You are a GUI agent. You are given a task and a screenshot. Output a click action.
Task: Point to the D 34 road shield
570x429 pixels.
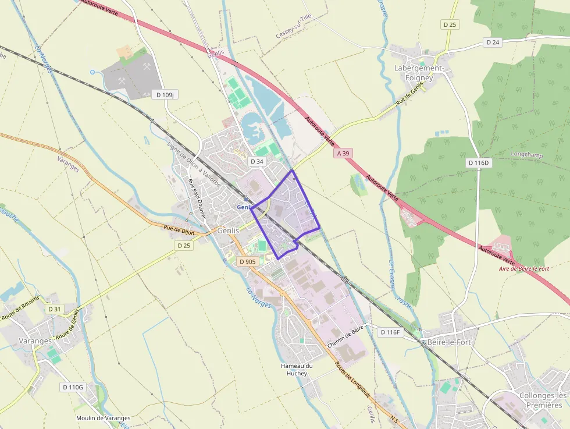click(256, 161)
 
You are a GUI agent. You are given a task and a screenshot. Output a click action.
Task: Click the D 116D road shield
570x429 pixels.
click(479, 163)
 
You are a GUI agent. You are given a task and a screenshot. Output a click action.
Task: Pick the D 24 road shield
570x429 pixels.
click(493, 42)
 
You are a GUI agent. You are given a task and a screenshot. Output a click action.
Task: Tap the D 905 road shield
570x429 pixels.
click(247, 261)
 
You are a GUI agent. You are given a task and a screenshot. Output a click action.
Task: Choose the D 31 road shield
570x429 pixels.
click(54, 309)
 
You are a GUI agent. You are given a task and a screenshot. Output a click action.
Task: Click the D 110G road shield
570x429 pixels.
click(73, 387)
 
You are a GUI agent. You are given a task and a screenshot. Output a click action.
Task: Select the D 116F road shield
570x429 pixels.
click(390, 332)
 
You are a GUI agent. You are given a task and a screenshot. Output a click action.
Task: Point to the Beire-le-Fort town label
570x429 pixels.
click(448, 342)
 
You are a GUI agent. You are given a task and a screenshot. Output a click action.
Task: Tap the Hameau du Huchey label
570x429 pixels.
click(297, 369)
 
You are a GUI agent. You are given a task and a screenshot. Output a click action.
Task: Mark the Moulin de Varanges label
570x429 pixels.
click(103, 418)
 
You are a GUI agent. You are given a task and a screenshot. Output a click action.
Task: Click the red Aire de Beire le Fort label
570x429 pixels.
click(524, 268)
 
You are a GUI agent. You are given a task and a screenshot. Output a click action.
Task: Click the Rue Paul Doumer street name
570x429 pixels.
click(197, 198)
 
